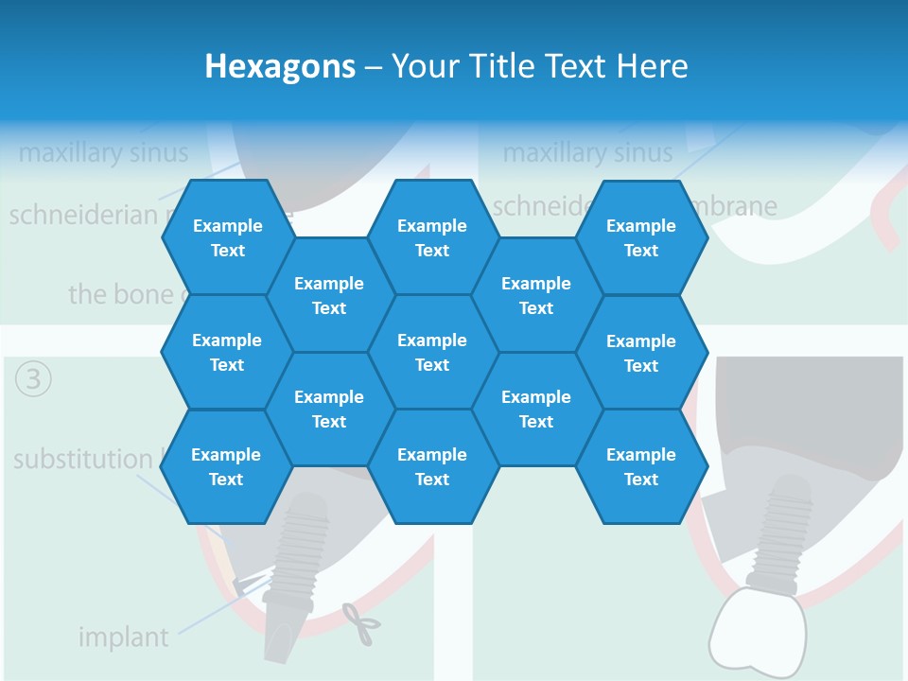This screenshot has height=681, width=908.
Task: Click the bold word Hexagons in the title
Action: (280, 66)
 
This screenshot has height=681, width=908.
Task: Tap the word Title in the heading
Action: (501, 66)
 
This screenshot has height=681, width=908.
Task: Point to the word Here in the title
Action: (652, 66)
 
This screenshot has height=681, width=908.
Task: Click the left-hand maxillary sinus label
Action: (103, 152)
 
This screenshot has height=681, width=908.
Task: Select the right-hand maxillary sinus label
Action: (587, 152)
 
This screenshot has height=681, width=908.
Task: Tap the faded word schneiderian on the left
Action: (83, 215)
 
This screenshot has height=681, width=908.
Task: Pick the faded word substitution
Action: (82, 460)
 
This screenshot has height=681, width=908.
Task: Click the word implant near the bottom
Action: (123, 637)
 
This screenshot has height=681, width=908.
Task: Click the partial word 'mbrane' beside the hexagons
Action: (743, 206)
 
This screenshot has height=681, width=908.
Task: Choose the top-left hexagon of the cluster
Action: (227, 237)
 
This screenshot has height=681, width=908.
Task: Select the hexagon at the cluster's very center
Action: (432, 352)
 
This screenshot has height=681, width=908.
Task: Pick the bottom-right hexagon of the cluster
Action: (641, 466)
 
